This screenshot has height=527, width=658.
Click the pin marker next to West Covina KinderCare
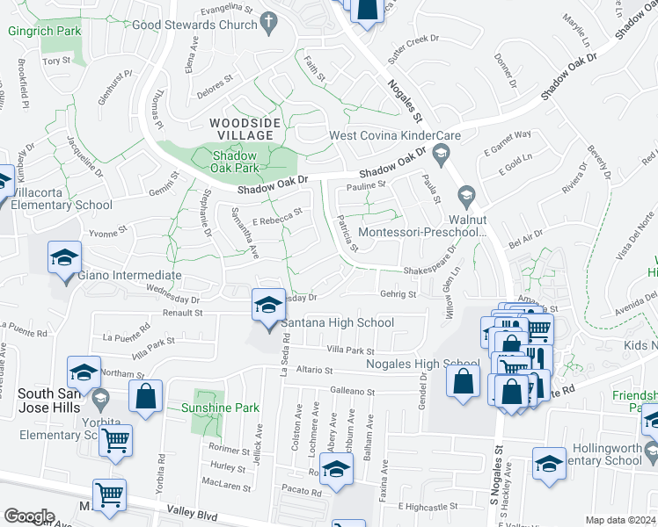441,153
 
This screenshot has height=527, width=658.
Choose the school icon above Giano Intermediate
64,258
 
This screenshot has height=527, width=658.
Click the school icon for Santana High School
268,305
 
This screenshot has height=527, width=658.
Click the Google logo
30,516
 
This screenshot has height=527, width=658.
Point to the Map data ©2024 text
619,520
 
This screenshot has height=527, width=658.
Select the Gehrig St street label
398,294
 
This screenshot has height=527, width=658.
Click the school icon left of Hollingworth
549,462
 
